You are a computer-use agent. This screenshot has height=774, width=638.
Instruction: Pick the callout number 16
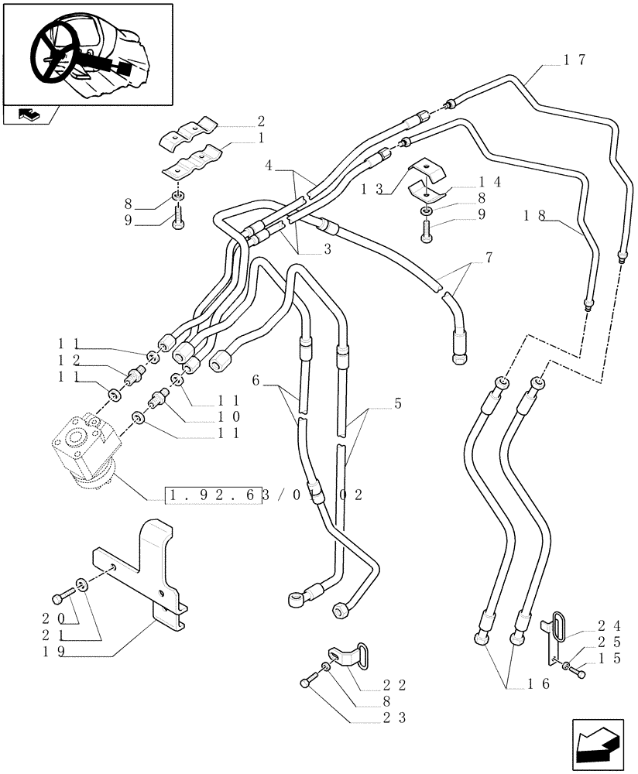tap(538, 683)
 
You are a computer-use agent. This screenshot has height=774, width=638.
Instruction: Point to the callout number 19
tap(52, 651)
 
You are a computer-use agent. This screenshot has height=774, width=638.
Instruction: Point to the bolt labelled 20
tap(60, 598)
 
